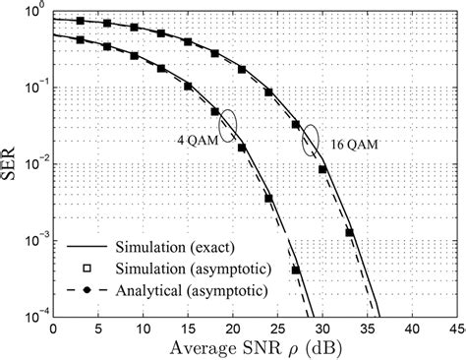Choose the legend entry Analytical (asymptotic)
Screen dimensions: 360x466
pos(172,291)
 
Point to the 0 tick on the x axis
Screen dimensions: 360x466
pos(52,328)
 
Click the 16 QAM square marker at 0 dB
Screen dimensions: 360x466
pos(53,19)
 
